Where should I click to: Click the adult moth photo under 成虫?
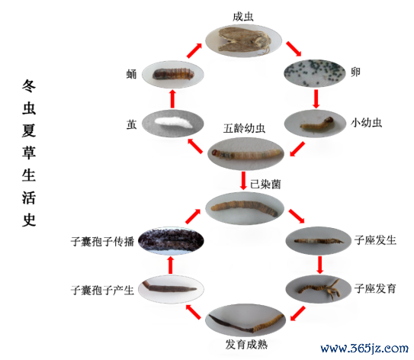(x=243, y=40)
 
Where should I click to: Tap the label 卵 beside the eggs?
(x=355, y=72)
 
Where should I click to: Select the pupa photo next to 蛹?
(x=173, y=74)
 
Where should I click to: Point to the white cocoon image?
(x=173, y=124)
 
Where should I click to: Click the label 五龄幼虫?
(x=244, y=128)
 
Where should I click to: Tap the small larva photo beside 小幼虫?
(x=315, y=124)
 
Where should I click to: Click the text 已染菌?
(x=265, y=184)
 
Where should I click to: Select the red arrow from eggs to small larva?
(x=316, y=99)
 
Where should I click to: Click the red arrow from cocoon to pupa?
(x=172, y=98)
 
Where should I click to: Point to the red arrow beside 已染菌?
(x=243, y=181)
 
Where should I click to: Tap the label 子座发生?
(x=375, y=240)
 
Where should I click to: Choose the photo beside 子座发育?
(x=318, y=289)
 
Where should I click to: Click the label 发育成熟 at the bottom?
(x=246, y=345)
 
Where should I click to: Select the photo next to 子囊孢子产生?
(x=171, y=289)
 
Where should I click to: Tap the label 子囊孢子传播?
(x=102, y=242)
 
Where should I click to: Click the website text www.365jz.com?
(x=364, y=349)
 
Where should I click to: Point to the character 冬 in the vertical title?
(x=29, y=86)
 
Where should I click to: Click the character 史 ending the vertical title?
(x=29, y=220)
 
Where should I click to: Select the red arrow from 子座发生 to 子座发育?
(x=320, y=265)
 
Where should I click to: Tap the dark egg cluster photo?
(x=315, y=73)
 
